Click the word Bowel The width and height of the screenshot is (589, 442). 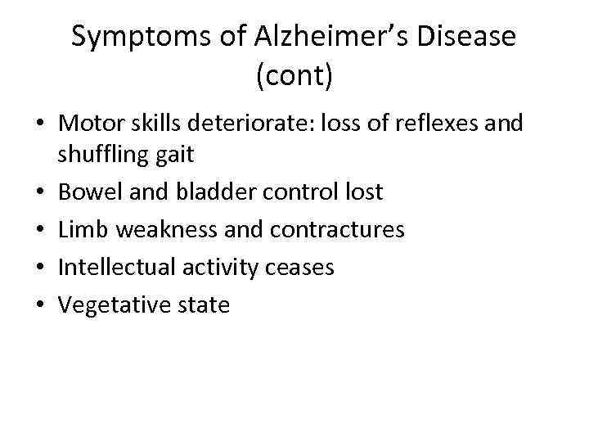[x=88, y=192]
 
